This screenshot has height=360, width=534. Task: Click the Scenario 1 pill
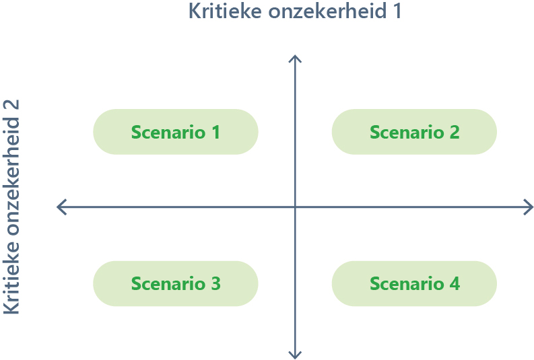point(176,132)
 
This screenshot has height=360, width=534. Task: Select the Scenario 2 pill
point(414,132)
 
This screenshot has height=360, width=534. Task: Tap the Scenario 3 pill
point(176,283)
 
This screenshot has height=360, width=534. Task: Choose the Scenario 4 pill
point(414,283)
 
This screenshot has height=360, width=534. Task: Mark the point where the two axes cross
point(295,207)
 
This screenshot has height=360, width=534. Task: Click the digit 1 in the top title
point(397,11)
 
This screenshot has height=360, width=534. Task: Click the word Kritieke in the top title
point(225,11)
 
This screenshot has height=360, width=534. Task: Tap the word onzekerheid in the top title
point(327,11)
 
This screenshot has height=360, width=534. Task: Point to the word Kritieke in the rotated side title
point(11,278)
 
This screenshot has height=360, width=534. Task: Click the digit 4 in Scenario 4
point(455,283)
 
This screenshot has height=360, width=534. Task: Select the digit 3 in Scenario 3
point(215,283)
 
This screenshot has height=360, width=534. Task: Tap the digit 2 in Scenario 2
point(455,132)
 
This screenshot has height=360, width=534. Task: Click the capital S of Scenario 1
point(136,132)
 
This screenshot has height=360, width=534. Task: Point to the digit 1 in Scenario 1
point(216,132)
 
